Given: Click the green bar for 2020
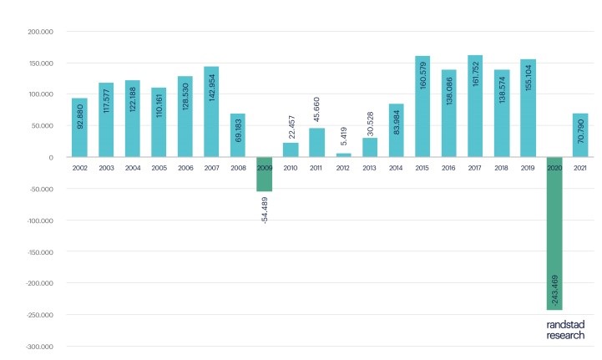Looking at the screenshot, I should (x=554, y=233).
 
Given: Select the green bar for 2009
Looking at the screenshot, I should (x=265, y=174).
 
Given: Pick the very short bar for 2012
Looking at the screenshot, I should (x=343, y=155).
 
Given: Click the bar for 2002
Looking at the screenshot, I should (x=79, y=127).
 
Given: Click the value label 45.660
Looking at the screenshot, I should (x=317, y=108).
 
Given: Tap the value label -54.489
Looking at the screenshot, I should (x=265, y=208).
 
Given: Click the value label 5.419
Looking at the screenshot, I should (x=343, y=136).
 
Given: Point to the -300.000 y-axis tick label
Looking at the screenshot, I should (x=39, y=347).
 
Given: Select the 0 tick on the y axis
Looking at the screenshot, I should (x=51, y=158).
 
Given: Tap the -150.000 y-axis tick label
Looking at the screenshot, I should (x=39, y=252).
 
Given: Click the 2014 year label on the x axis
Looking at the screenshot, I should (x=396, y=168).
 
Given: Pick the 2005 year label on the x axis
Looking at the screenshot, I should (x=159, y=168).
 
